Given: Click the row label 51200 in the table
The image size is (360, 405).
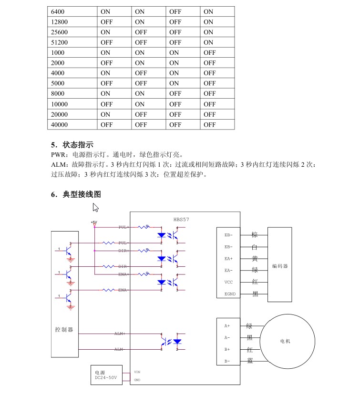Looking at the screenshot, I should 59,42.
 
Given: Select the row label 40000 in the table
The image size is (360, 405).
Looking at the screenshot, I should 59,124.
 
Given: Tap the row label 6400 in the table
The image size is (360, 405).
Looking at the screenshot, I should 57,11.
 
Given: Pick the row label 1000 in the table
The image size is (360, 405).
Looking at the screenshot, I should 57,52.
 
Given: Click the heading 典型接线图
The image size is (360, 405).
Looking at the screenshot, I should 82,194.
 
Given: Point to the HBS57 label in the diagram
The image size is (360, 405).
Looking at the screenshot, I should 181,220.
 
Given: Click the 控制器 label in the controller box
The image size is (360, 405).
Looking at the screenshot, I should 64,329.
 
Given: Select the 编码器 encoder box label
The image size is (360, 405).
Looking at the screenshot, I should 280,266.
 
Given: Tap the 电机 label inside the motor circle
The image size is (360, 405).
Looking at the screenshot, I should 285,341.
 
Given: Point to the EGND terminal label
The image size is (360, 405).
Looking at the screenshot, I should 229,294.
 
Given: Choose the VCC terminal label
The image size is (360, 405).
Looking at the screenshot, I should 228,282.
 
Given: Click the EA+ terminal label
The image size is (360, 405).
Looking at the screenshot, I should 228,259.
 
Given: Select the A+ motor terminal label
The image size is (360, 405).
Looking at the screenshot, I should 227,326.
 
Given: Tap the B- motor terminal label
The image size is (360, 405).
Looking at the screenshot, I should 227,361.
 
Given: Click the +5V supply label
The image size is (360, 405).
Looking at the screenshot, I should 94,222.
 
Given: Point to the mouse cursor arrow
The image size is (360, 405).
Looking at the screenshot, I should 95,207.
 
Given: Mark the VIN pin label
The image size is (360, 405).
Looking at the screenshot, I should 137,372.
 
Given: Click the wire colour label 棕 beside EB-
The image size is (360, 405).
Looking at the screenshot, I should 255,235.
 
